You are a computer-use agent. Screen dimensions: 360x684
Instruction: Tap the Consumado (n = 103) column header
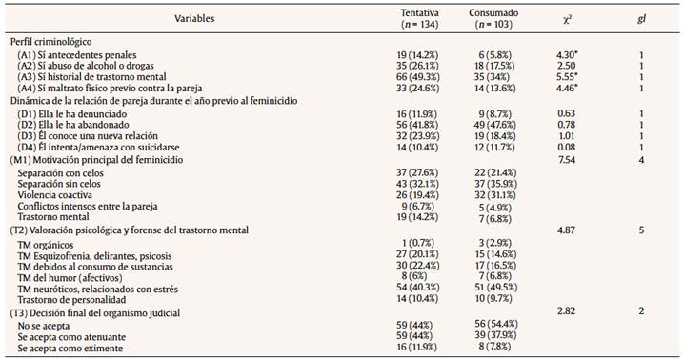coord(493,18)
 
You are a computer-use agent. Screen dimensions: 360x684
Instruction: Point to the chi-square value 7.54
coord(568,159)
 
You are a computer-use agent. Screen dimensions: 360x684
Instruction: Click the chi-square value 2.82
coord(568,310)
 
